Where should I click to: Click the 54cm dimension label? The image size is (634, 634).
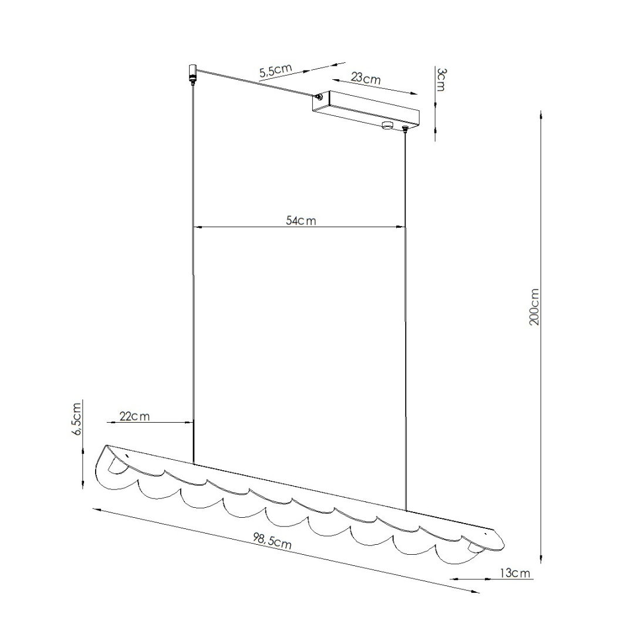tap(301, 221)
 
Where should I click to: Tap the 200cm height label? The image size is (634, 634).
tap(534, 307)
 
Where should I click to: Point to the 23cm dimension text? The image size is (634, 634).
tap(366, 77)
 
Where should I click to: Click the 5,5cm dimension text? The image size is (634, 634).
tap(275, 70)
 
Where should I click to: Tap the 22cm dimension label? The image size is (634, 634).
tap(134, 416)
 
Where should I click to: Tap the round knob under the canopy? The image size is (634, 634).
tap(387, 124)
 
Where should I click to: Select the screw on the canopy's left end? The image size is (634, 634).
tap(319, 99)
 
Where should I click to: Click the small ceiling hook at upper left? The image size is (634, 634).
tap(192, 73)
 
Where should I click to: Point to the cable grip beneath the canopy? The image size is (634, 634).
tap(405, 129)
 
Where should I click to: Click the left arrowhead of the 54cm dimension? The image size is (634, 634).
tap(197, 227)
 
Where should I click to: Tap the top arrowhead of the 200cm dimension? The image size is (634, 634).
tap(540, 114)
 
